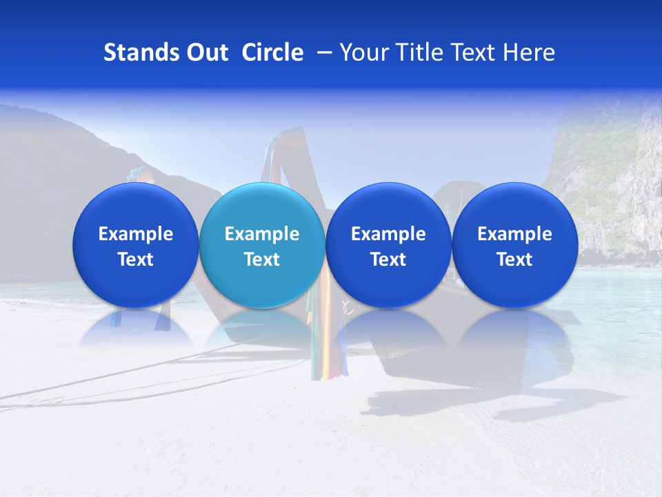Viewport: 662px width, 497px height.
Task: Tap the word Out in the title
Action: click(205, 52)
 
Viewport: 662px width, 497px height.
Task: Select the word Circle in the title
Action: click(272, 52)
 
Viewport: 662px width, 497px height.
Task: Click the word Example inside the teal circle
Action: click(262, 234)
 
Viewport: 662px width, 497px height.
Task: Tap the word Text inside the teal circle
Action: click(262, 260)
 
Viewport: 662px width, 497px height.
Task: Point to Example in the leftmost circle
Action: click(136, 234)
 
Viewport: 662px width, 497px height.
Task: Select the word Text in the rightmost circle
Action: click(514, 260)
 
